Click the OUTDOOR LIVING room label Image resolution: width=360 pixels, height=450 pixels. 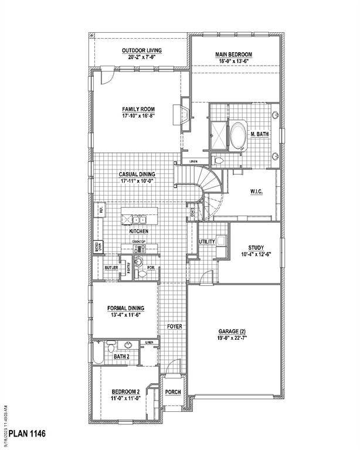pos(141,50)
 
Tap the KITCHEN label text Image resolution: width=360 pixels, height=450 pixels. pos(139,231)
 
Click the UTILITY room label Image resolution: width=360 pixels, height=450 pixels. pos(206,241)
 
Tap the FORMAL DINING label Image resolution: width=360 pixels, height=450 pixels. pos(125,308)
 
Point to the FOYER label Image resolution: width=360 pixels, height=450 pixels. pos(174,326)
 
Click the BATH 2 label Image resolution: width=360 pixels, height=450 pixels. pos(121,356)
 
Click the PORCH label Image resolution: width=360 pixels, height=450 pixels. pos(173,393)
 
